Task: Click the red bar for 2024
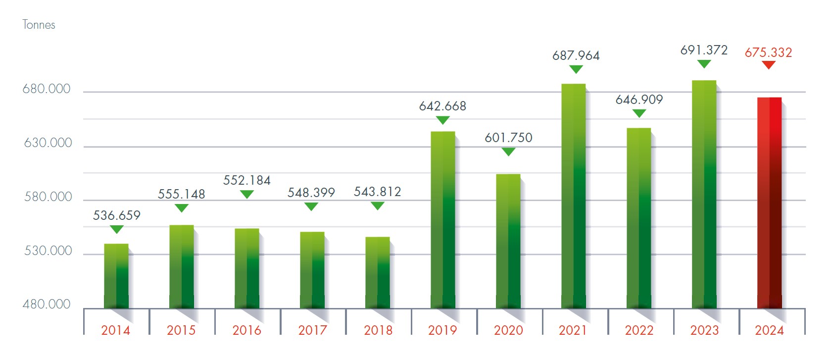[x=769, y=203]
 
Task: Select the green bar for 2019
[x=442, y=220]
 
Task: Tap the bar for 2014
[x=116, y=276]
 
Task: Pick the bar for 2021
[x=573, y=196]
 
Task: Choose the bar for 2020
[x=508, y=241]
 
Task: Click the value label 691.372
[x=704, y=50]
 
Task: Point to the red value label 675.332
[x=768, y=52]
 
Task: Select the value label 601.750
[x=508, y=138]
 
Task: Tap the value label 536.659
[x=117, y=215]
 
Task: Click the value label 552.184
[x=246, y=180]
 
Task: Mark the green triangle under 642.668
[x=442, y=120]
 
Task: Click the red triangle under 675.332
[x=768, y=65]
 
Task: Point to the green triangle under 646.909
[x=639, y=113]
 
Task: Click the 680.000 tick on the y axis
[x=47, y=89]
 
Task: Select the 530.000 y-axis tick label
[x=48, y=251]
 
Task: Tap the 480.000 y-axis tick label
[x=47, y=304]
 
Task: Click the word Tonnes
[x=39, y=25]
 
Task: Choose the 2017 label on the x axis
[x=312, y=330]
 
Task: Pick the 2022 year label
[x=639, y=330]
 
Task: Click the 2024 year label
[x=769, y=330]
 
